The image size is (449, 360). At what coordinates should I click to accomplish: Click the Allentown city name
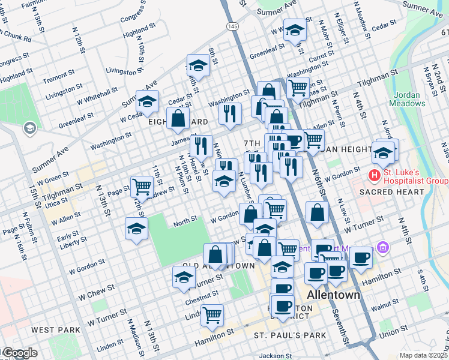click(333, 295)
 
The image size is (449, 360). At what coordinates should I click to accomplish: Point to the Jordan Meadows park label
click(410, 99)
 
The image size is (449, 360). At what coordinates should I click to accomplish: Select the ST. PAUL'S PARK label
click(290, 335)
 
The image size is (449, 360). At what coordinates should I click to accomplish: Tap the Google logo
click(19, 353)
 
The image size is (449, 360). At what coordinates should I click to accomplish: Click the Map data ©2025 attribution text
click(423, 355)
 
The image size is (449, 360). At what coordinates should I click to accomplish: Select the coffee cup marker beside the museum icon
click(361, 257)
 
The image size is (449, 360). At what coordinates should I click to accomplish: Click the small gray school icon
click(29, 128)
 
